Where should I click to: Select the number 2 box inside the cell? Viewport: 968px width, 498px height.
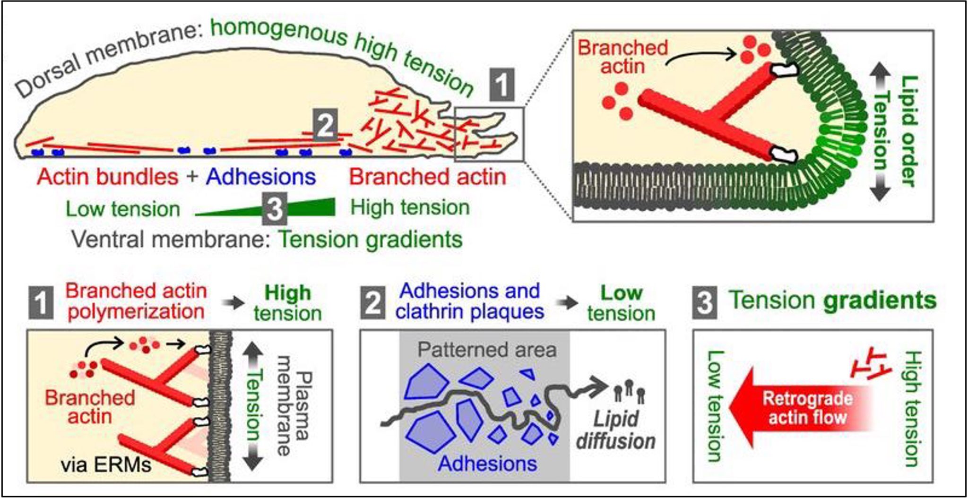pyautogui.click(x=325, y=125)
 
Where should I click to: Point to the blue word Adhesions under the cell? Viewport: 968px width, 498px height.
pyautogui.click(x=261, y=177)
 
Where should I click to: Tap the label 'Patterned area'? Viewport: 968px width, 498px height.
pyautogui.click(x=487, y=350)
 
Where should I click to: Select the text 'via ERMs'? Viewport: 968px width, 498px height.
pyautogui.click(x=106, y=465)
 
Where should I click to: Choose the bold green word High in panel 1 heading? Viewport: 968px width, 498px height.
pyautogui.click(x=287, y=293)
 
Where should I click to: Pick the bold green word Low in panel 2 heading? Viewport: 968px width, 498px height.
pyautogui.click(x=621, y=293)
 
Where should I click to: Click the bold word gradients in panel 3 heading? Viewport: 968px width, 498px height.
pyautogui.click(x=880, y=301)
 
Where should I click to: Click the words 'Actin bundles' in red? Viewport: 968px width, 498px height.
pyautogui.click(x=108, y=177)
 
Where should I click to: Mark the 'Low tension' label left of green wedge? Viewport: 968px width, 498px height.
pyautogui.click(x=123, y=209)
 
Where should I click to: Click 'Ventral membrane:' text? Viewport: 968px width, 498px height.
pyautogui.click(x=170, y=239)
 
